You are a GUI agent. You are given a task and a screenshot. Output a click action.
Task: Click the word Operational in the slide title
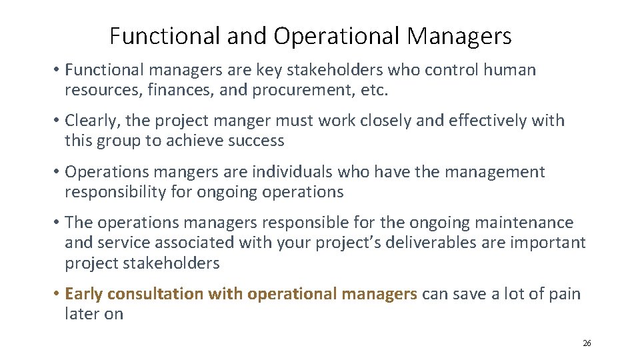pyautogui.click(x=337, y=36)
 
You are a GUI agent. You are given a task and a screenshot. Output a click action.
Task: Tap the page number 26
pyautogui.click(x=587, y=343)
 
